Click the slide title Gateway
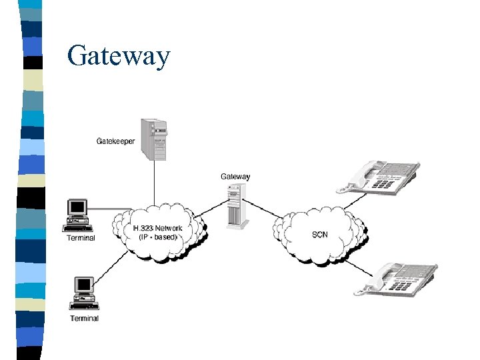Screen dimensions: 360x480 coord(119,55)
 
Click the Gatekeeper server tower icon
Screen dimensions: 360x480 coord(153,139)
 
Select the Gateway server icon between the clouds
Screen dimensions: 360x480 coord(234,205)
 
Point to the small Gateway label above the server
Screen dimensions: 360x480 coord(235,177)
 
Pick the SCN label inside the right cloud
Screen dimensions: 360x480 coord(320,235)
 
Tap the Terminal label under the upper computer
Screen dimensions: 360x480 coord(81,238)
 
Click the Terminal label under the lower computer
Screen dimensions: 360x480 coord(85,318)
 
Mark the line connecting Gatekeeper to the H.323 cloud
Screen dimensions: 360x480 coord(154,183)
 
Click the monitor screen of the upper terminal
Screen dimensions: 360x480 coord(78,207)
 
